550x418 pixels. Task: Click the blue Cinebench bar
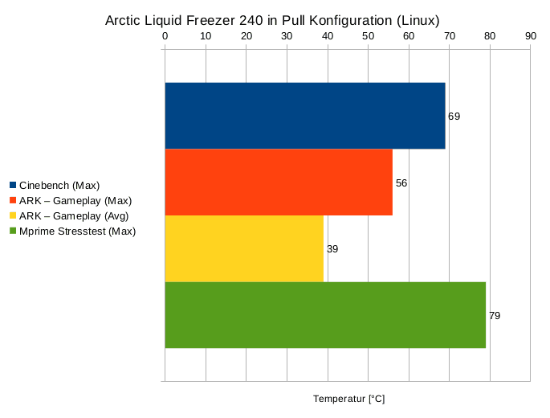pos(304,116)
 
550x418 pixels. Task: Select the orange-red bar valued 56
pos(279,182)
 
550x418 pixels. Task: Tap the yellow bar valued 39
pos(244,248)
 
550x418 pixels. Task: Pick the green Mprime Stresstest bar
pos(325,315)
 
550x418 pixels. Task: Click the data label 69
pos(454,117)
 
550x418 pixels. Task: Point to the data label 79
pos(495,316)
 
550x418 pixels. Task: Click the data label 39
pos(332,249)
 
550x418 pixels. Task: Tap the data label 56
pos(401,183)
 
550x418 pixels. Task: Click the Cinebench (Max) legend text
pos(59,186)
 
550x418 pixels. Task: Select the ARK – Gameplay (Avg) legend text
pos(74,216)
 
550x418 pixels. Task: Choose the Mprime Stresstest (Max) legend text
pos(78,232)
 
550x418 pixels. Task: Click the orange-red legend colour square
pos(14,200)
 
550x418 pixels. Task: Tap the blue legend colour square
pos(14,185)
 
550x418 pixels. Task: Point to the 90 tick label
pos(530,36)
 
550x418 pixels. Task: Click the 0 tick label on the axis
pos(165,36)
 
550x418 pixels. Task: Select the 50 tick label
pos(368,36)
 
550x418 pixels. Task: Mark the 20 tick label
pos(246,36)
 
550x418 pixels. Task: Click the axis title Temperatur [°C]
pos(348,399)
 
